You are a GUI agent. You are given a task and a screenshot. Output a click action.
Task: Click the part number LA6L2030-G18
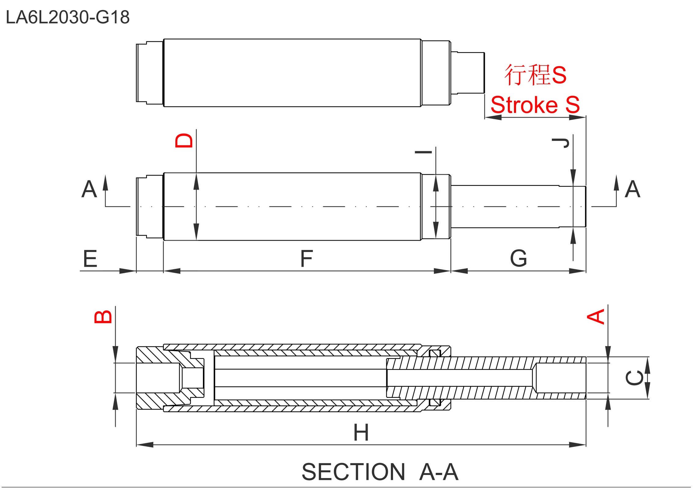[68, 17]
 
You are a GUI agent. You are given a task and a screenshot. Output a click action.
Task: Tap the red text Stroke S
[535, 105]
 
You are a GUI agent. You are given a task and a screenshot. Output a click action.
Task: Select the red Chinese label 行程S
[535, 75]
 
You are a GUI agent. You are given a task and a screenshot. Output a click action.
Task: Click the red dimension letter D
[184, 141]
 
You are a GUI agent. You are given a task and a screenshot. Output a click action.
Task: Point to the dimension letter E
[90, 259]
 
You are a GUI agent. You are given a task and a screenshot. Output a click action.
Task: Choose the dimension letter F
[306, 259]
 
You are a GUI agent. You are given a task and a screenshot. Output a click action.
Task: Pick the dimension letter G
[519, 259]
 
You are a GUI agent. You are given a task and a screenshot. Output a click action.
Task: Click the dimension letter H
[361, 433]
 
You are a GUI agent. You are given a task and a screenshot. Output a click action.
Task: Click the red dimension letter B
[103, 317]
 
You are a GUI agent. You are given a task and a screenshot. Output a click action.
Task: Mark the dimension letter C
[634, 378]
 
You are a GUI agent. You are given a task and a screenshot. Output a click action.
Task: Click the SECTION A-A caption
[380, 472]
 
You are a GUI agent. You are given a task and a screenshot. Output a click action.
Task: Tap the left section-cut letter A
[89, 189]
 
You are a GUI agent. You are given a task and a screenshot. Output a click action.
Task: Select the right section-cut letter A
[633, 189]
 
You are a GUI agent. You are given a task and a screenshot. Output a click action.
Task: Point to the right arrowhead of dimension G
[577, 271]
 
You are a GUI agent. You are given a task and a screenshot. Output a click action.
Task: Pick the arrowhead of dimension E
[127, 271]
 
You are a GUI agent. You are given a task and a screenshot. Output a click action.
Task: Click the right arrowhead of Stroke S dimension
[577, 117]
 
